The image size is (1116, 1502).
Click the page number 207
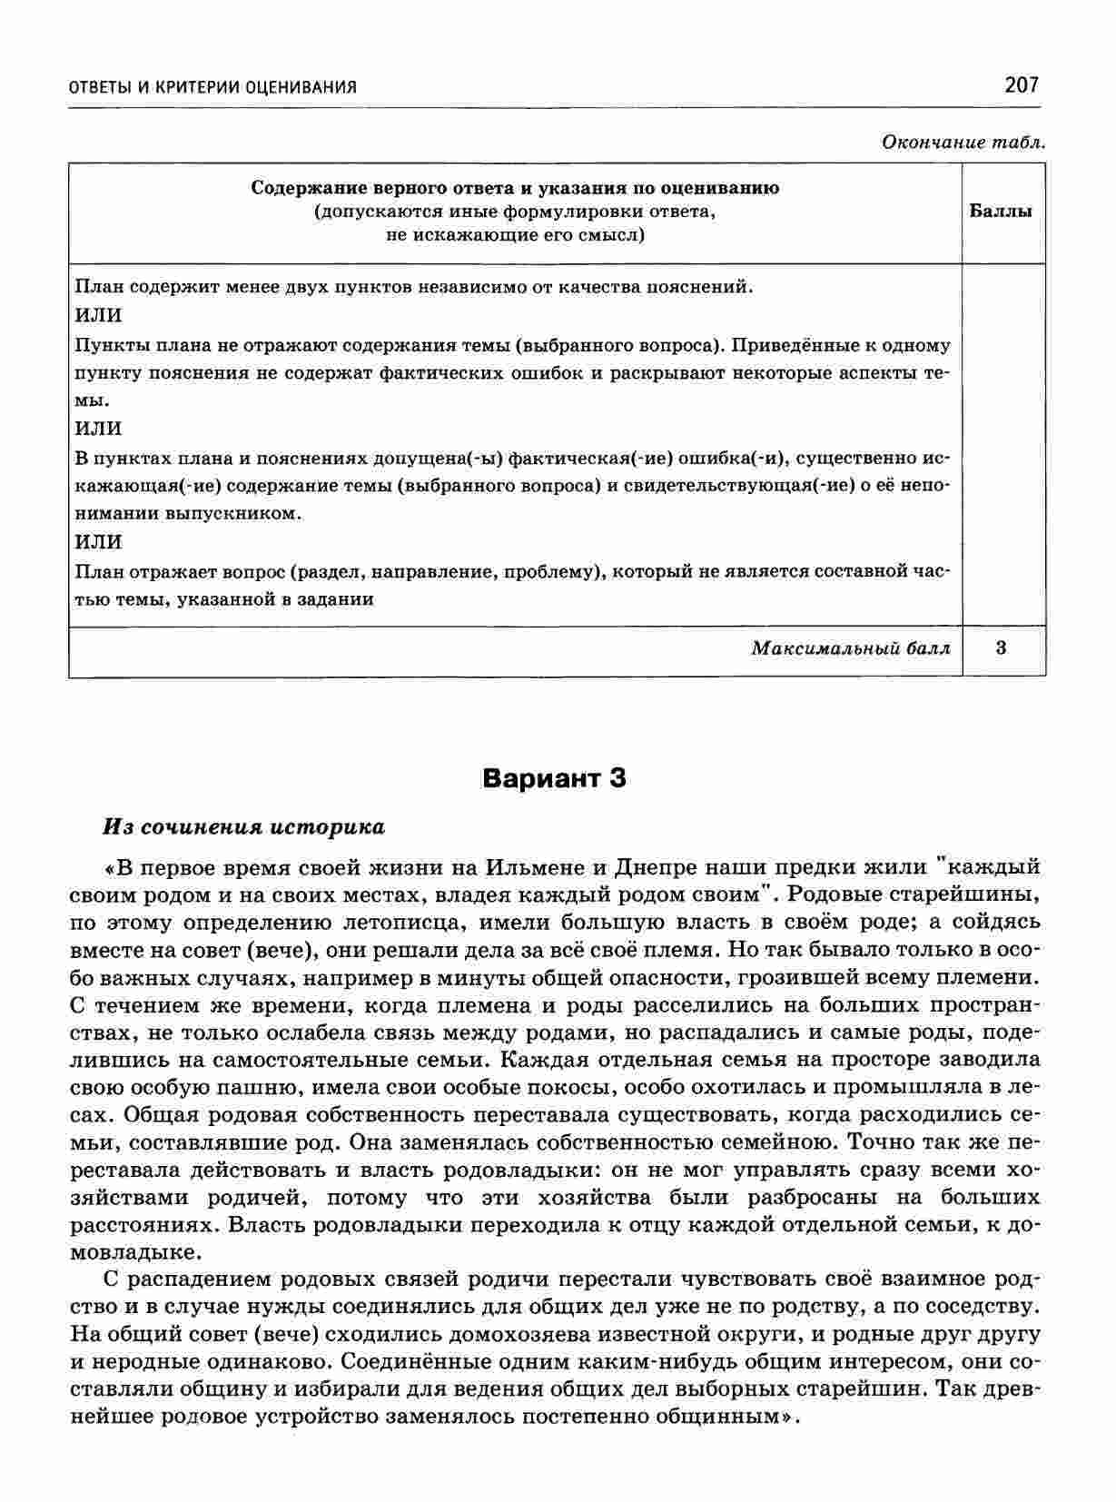(x=1021, y=85)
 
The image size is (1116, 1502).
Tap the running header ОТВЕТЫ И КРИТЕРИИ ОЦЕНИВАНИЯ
(x=212, y=87)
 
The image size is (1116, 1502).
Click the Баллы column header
(x=1001, y=212)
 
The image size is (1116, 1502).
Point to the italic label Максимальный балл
(x=851, y=648)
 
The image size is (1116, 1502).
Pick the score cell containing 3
(x=1001, y=648)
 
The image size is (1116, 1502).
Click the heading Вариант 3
(x=554, y=778)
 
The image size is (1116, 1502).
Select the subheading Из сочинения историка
(x=243, y=827)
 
